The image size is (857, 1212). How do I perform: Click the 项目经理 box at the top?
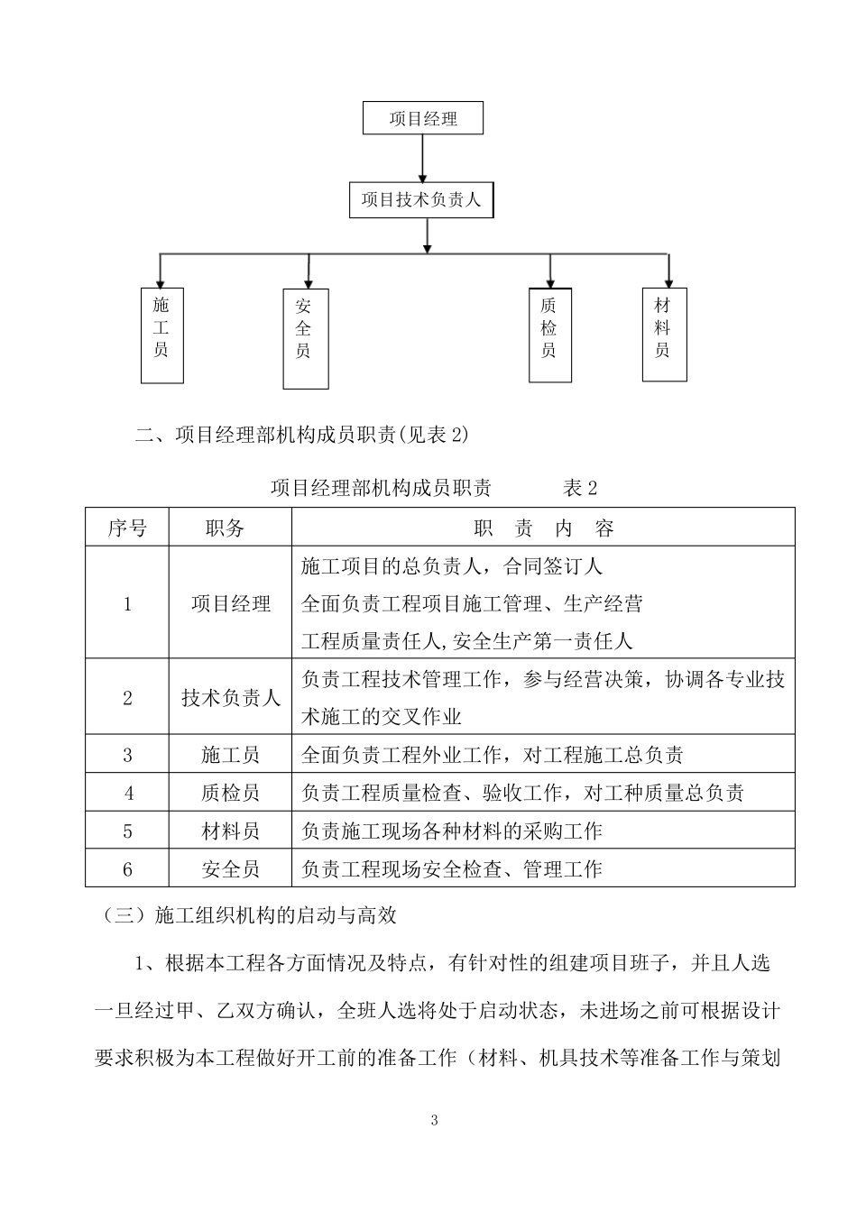tap(423, 118)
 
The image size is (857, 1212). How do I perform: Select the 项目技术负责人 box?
tap(421, 200)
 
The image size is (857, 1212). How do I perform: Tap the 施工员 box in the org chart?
tap(161, 335)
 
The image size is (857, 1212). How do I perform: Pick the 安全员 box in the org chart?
tap(305, 338)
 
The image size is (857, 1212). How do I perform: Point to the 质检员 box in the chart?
tap(549, 335)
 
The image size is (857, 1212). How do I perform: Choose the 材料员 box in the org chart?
tap(664, 335)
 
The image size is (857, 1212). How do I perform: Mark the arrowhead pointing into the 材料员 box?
tap(668, 281)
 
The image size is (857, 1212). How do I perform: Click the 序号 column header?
tap(127, 528)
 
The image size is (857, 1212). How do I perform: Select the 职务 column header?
tap(230, 528)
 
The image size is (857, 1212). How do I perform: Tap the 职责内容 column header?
tap(543, 528)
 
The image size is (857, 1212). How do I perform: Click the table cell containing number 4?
tap(127, 793)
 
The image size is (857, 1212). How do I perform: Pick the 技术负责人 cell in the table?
tap(230, 697)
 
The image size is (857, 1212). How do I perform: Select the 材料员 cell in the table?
tap(230, 831)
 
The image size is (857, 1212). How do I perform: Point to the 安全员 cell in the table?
tap(230, 869)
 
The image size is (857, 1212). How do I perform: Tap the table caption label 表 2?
tap(581, 489)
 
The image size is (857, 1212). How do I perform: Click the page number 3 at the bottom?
tap(434, 1121)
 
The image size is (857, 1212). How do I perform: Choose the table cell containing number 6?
tap(127, 869)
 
